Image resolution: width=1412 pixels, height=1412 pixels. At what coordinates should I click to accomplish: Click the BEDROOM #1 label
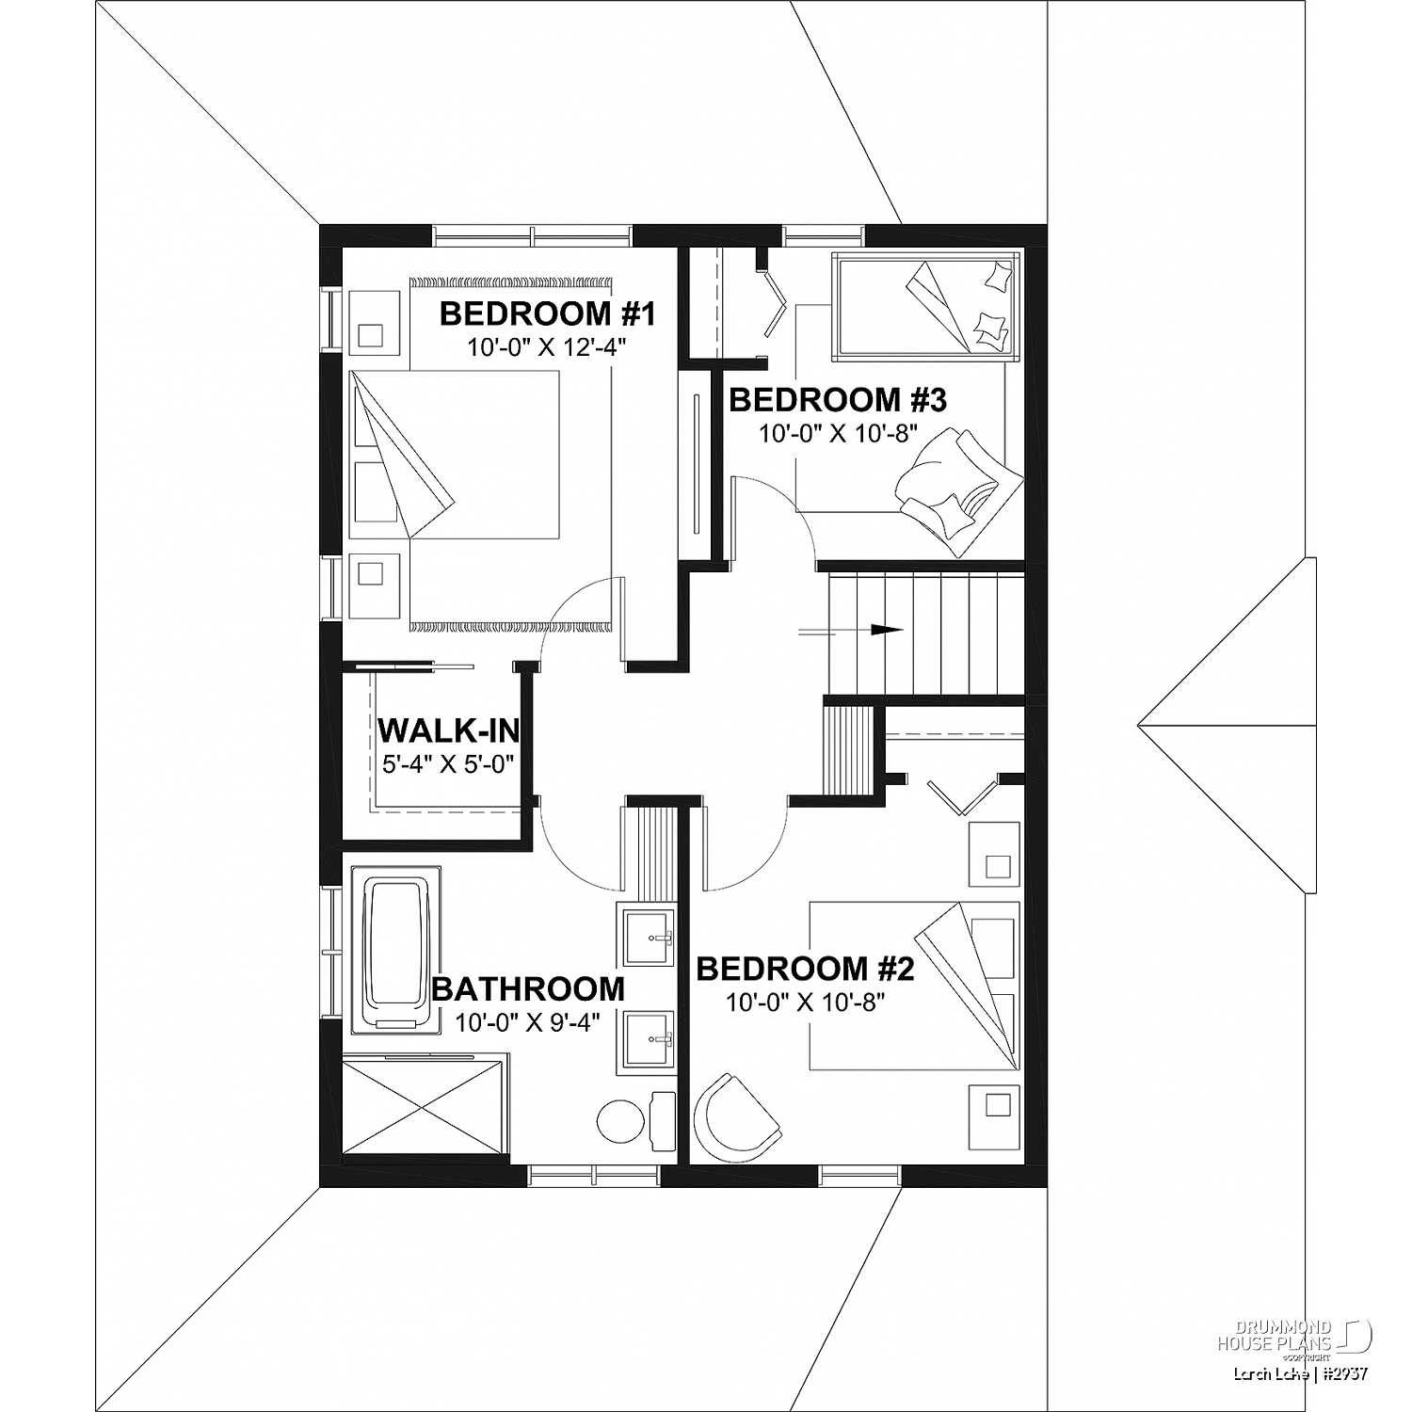click(547, 313)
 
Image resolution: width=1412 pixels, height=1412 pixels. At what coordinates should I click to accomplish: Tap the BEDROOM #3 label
click(838, 400)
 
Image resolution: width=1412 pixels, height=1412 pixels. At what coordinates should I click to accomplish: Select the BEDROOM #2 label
click(806, 969)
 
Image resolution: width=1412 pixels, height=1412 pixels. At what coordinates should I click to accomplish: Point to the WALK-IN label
click(448, 730)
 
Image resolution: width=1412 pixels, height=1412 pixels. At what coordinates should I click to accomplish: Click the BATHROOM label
click(528, 989)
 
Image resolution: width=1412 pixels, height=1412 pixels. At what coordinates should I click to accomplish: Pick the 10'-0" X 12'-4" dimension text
click(547, 347)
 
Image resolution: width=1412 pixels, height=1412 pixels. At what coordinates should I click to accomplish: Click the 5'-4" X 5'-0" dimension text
click(448, 763)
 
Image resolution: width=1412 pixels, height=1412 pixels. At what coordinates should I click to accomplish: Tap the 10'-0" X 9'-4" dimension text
click(527, 1023)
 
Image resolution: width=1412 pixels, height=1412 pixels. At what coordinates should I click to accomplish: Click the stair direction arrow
click(851, 631)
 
